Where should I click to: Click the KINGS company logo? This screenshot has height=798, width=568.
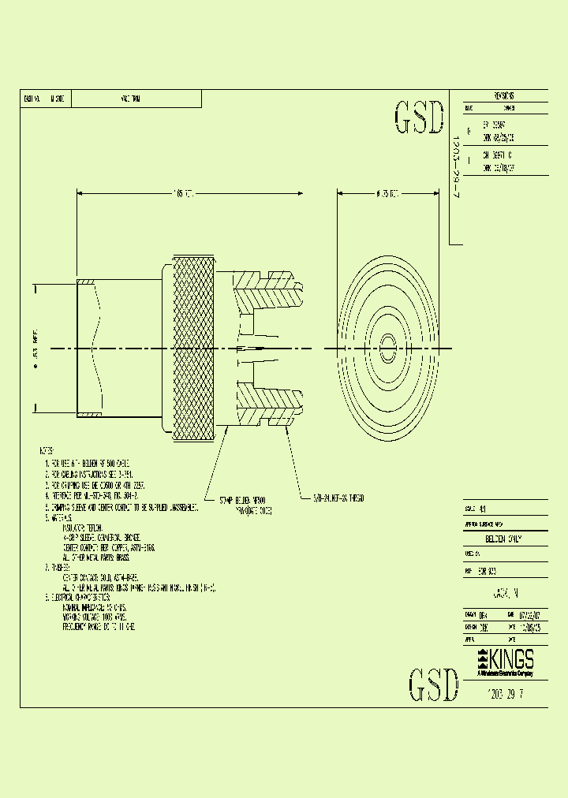click(x=506, y=661)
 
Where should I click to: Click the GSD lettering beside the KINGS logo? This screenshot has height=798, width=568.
click(x=433, y=685)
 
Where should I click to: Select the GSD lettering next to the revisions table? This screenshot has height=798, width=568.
click(x=419, y=118)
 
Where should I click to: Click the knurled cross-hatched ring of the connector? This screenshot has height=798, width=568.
click(x=193, y=348)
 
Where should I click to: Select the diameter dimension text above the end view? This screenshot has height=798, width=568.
click(x=387, y=193)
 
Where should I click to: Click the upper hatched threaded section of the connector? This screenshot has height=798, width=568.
click(x=267, y=293)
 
